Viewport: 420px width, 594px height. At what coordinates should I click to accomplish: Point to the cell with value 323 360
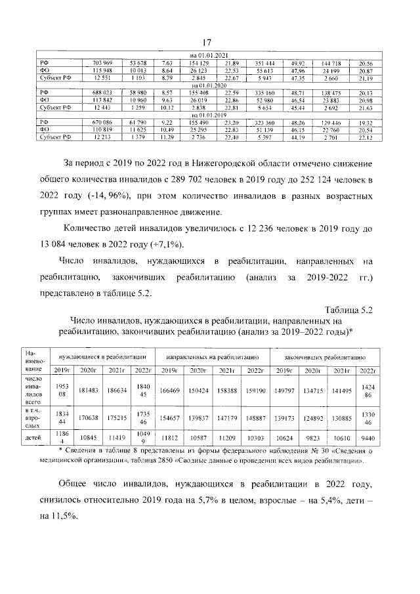(264, 122)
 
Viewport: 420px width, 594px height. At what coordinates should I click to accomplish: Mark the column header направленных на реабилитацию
(212, 356)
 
